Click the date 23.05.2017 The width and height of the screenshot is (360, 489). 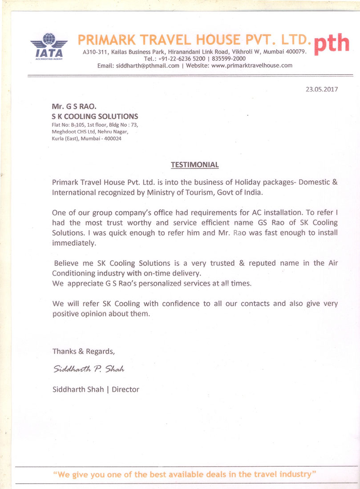click(x=321, y=89)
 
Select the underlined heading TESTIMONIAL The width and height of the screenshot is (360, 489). click(x=195, y=165)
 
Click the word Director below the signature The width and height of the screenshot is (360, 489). click(x=125, y=389)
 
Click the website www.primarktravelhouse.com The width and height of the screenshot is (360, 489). click(x=252, y=65)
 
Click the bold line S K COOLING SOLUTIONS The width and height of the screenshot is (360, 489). click(x=95, y=116)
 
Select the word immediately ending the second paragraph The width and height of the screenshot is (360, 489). click(x=74, y=244)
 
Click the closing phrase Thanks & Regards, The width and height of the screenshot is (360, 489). click(x=84, y=351)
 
